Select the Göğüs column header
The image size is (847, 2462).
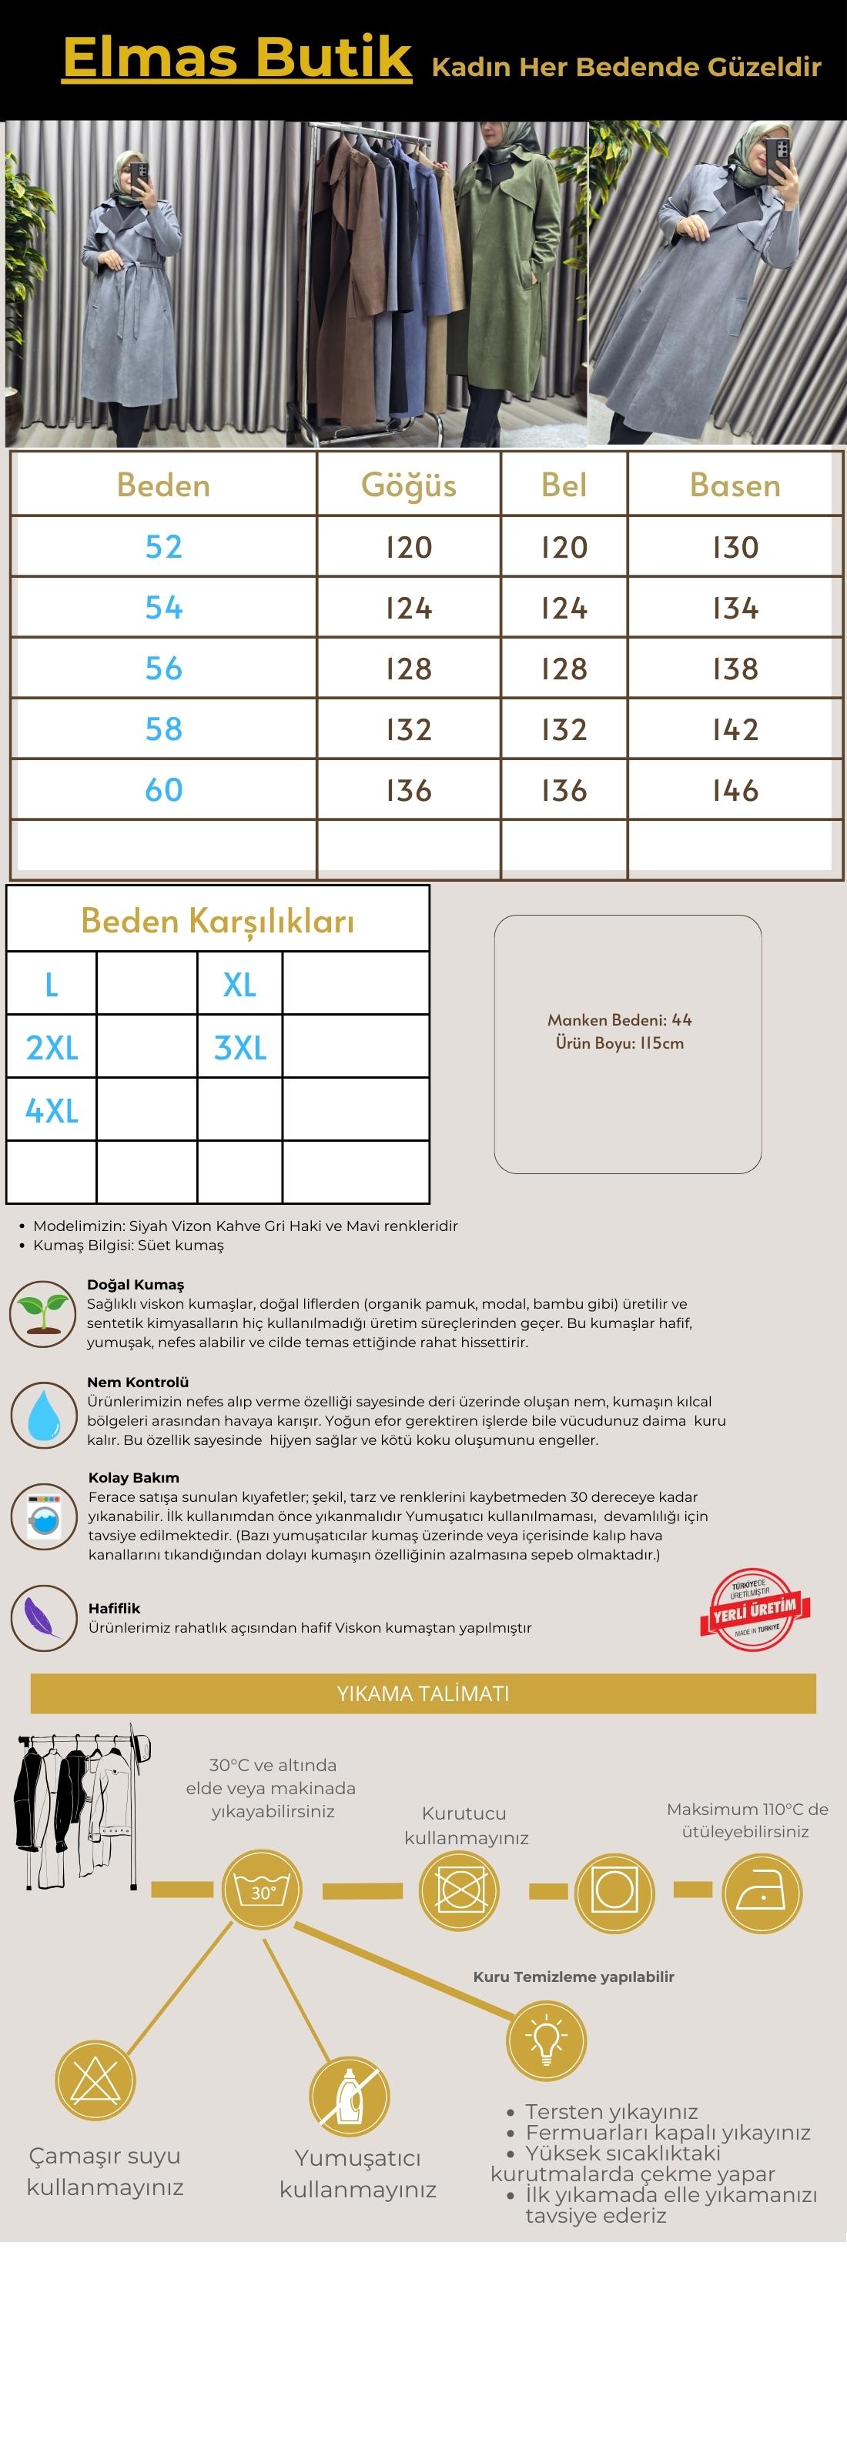(408, 485)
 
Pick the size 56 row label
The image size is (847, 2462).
(163, 668)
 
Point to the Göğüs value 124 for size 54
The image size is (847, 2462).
(408, 608)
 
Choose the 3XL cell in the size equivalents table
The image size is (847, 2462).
(240, 1047)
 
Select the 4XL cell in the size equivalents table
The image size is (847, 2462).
(52, 1110)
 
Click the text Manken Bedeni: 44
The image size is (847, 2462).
(620, 1019)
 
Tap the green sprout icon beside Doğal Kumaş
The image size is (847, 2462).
(43, 1313)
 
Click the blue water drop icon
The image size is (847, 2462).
(43, 1413)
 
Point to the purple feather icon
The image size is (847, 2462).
(43, 1617)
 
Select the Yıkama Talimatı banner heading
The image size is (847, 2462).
(423, 1693)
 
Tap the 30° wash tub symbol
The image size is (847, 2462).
(262, 1890)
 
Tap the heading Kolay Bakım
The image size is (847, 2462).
(134, 1477)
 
